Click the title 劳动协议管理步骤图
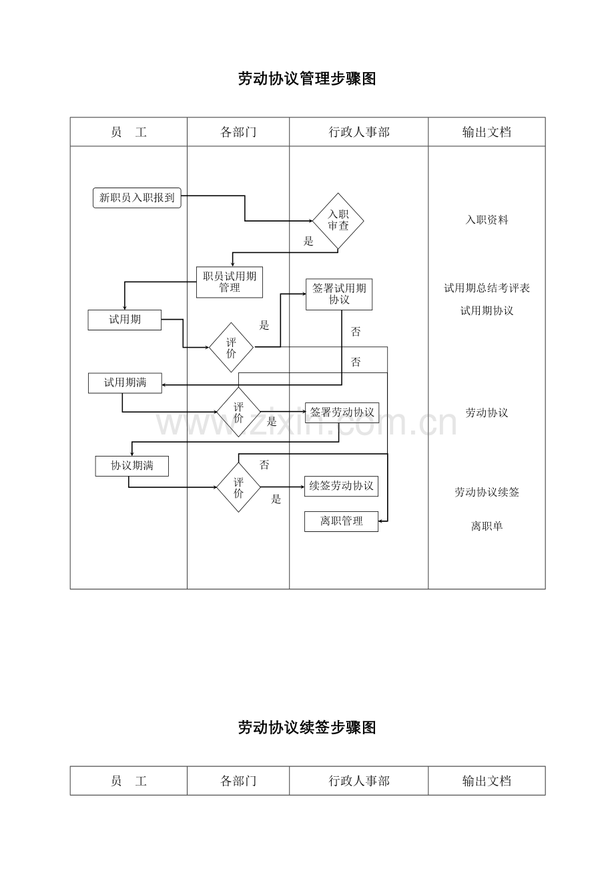click(307, 79)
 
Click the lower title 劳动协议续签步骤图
click(307, 728)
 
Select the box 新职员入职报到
click(137, 198)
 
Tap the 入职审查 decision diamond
click(338, 220)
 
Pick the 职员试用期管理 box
click(230, 282)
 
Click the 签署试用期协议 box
click(339, 294)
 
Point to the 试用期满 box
click(125, 383)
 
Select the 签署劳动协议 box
click(342, 412)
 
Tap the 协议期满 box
click(131, 466)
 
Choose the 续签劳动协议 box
click(341, 486)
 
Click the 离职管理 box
click(341, 521)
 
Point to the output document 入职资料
click(487, 220)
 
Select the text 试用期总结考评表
click(487, 288)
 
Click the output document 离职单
click(487, 526)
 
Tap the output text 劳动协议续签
click(487, 493)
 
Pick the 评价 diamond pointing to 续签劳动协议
click(238, 487)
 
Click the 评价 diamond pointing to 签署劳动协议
click(238, 412)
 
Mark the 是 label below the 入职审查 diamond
click(308, 242)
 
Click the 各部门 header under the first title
click(238, 132)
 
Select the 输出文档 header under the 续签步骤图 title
click(487, 781)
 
